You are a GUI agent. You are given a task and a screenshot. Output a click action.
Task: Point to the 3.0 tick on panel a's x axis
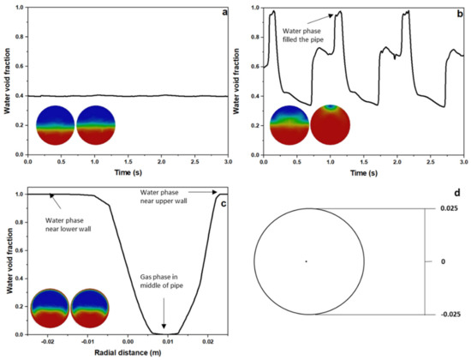coord(227,160)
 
